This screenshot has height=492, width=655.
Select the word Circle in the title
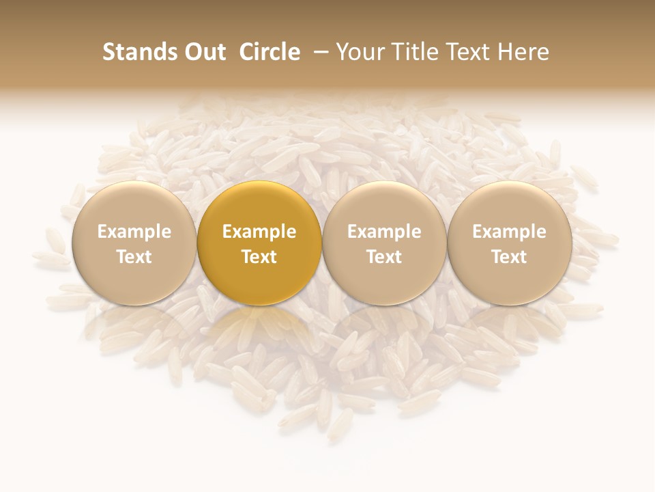point(270,52)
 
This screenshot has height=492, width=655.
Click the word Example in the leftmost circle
point(134,232)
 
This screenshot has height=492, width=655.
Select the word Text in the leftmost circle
point(134,257)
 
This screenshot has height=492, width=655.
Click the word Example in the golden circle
point(259,232)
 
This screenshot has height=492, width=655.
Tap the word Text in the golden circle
point(259,257)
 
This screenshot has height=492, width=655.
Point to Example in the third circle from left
point(384,232)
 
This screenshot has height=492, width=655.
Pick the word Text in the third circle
point(384,257)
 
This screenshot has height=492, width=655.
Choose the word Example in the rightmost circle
point(509,232)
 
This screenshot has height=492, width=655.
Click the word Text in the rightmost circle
point(509,257)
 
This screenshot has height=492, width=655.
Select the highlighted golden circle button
point(259,205)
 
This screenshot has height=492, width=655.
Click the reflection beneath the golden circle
point(259,328)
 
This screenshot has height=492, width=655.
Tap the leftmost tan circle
point(134,205)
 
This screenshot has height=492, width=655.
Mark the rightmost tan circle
point(509,205)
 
